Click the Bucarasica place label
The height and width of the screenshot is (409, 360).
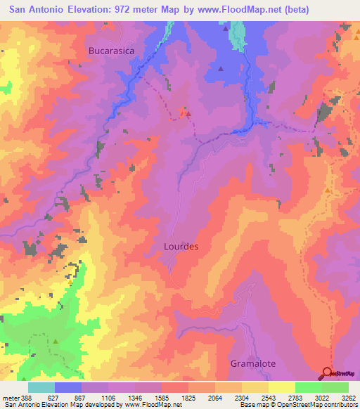[110, 51]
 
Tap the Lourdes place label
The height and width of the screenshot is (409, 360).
[181, 247]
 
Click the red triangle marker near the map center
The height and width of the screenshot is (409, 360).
[187, 112]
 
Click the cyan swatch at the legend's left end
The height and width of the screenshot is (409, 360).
[41, 387]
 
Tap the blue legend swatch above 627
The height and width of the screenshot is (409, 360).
[68, 387]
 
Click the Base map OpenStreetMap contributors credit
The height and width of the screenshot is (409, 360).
[298, 404]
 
